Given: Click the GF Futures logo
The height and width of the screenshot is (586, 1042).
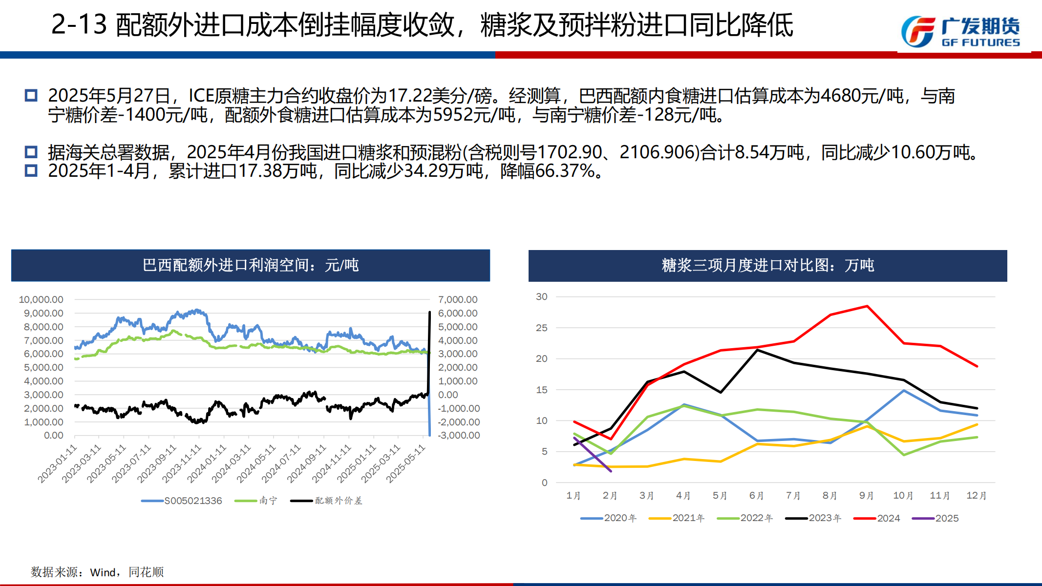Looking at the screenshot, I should click(960, 32).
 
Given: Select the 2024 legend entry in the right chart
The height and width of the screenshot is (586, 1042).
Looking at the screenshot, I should click(877, 518).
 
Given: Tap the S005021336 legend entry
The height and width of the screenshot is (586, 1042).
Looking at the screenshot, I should click(182, 501).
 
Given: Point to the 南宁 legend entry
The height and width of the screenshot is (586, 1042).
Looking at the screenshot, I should click(256, 501).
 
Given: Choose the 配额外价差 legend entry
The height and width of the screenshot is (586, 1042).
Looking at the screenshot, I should click(326, 501).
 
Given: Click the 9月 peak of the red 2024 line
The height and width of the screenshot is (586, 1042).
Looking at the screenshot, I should click(867, 306).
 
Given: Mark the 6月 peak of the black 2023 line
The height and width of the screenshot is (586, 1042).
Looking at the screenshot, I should click(757, 350).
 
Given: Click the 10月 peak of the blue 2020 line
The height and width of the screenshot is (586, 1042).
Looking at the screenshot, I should click(904, 391).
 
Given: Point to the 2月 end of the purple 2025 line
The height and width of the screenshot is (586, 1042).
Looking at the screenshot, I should click(611, 471).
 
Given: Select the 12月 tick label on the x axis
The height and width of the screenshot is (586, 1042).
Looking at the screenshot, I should click(977, 496).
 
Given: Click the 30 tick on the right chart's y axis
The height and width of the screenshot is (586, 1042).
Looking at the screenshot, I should click(542, 296).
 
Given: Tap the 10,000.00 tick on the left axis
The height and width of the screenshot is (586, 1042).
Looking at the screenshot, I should click(41, 299).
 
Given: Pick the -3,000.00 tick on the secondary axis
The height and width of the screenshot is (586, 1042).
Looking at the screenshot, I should click(459, 435).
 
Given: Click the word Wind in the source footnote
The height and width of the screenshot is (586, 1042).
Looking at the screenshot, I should click(103, 572).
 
